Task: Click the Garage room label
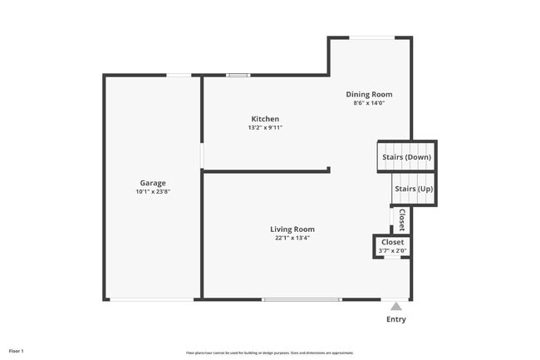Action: pos(153,183)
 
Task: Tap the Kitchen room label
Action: pos(263,119)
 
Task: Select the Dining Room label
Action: pos(369,95)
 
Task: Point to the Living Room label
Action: pos(292,229)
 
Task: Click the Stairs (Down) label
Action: pos(406,157)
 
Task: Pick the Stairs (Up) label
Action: pos(413,189)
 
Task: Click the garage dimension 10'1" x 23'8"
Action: pos(153,192)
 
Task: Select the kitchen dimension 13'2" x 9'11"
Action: pos(263,128)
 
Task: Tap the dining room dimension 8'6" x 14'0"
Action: pos(369,103)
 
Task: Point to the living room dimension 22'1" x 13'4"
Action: pos(292,238)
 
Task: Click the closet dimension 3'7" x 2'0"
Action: pos(392,251)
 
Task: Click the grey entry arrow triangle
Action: pos(396,306)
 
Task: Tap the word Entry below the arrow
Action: pos(396,320)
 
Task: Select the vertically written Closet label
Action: pos(401,219)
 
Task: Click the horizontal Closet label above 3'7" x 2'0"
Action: pos(392,243)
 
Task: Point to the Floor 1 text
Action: pos(17,351)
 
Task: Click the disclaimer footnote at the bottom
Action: pos(270,353)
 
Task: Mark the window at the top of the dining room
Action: pos(371,37)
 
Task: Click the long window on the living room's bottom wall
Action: pos(302,299)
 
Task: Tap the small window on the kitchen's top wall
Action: pos(238,76)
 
